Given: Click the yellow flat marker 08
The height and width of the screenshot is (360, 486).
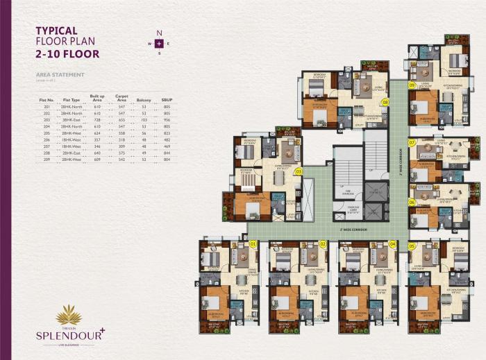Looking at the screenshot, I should tap(385, 101).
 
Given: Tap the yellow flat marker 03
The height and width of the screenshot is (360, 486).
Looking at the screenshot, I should tap(299, 171).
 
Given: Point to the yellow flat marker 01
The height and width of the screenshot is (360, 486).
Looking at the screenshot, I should tap(253, 244).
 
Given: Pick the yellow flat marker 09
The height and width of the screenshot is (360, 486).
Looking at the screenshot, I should tap(412, 85).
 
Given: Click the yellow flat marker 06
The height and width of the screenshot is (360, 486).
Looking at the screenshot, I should tap(412, 202).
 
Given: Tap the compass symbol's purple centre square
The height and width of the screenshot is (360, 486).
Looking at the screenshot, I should tap(159, 44).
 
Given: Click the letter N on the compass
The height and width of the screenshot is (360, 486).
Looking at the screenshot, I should tap(159, 33).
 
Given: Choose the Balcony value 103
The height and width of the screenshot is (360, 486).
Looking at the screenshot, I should tap(144, 119).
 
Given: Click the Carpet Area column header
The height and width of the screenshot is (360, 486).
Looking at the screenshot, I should tap(121, 98).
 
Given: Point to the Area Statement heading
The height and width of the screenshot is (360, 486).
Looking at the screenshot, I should tap(60, 74).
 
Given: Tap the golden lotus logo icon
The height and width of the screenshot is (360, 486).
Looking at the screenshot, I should tap(69, 316).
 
